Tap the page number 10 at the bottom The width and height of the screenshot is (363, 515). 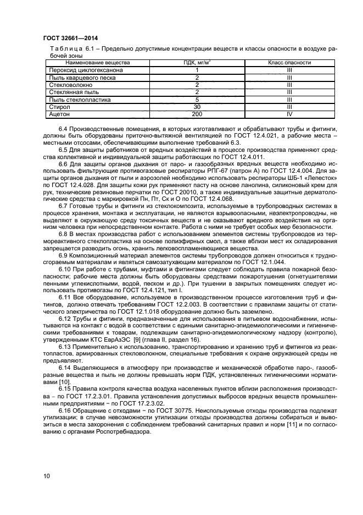(47, 474)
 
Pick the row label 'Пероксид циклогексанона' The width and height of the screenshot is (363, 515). (86, 70)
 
